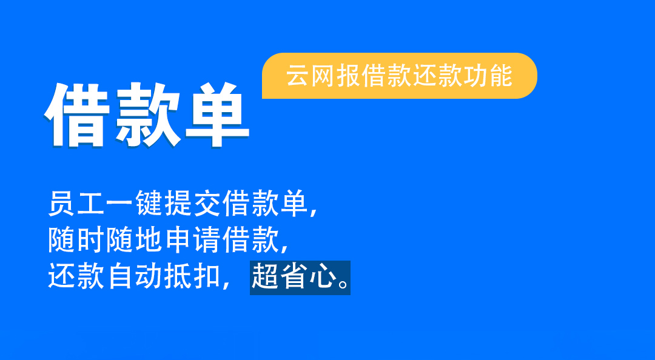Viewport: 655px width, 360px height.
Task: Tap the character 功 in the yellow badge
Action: pos(475,76)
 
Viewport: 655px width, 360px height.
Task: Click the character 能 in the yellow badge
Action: pos(500,76)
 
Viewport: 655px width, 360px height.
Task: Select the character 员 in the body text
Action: pos(61,204)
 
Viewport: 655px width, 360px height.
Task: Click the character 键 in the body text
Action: pos(149,204)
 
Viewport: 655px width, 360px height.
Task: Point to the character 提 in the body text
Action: pos(178,204)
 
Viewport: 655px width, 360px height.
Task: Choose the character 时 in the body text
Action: pos(90,240)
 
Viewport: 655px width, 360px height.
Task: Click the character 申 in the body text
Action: pos(178,240)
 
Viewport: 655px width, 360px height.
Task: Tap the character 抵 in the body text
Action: pos(178,276)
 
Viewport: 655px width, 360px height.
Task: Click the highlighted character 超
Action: pos(265,276)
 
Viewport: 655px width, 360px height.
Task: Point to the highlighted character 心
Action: pos(323,276)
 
